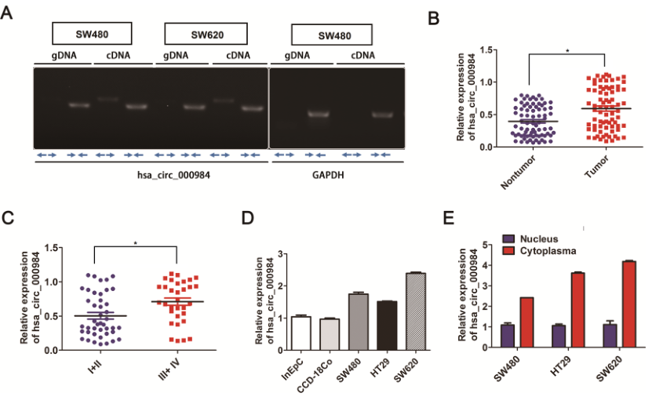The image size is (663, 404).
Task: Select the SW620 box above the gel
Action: tap(206, 34)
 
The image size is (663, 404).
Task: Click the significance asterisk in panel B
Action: tap(567, 52)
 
